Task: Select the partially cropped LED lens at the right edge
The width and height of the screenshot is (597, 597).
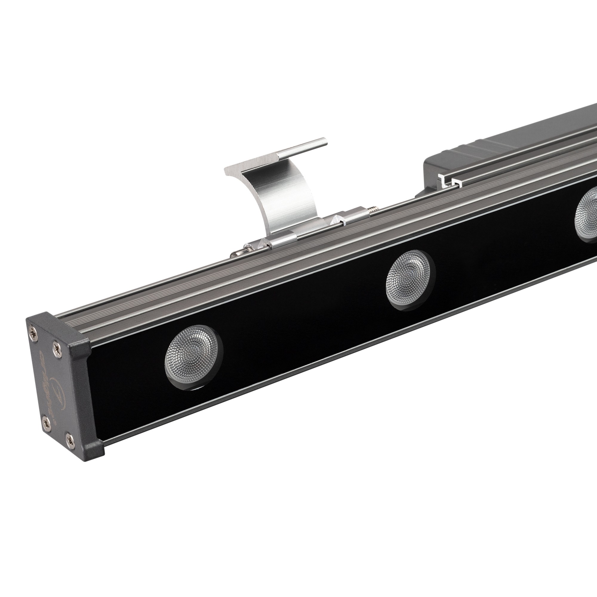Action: coord(586,213)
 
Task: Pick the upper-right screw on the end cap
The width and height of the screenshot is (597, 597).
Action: coord(56,344)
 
